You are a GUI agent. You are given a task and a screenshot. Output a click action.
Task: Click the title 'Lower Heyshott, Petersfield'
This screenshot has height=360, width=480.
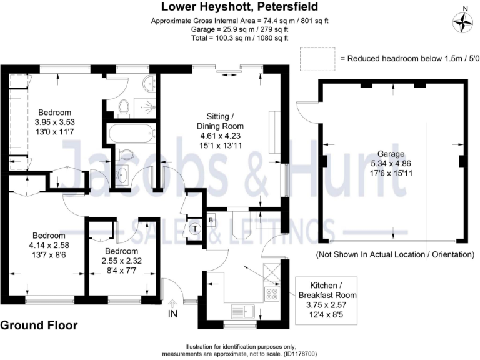[x=239, y=7]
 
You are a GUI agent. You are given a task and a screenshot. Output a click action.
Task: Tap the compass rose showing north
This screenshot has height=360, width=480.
[x=464, y=23]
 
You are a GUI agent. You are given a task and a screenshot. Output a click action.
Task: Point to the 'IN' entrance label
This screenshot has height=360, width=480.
[x=173, y=314]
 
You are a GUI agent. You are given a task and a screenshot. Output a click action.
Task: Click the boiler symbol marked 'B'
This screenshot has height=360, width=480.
[x=211, y=219]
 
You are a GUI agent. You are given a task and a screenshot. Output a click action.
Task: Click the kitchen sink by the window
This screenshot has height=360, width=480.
[x=241, y=309]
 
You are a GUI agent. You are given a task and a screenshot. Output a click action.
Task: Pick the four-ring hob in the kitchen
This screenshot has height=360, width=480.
[x=272, y=294]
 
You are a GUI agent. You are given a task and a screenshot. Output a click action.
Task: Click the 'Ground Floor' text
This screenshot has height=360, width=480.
[x=39, y=326]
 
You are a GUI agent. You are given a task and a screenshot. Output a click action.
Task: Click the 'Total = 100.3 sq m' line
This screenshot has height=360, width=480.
[x=239, y=38]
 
